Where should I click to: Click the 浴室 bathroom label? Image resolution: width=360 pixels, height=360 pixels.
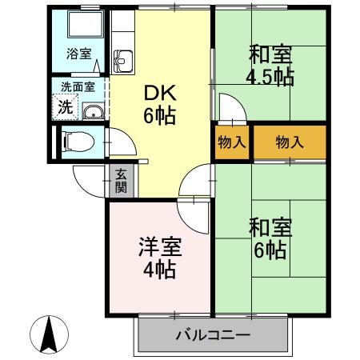tap(78, 54)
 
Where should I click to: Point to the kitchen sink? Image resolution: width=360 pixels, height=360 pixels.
tap(123, 60)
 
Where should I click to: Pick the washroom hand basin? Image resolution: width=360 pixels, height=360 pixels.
tap(93, 111)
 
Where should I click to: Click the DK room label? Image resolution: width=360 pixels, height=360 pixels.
tap(158, 93)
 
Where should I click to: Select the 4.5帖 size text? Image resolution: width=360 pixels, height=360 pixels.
tap(270, 78)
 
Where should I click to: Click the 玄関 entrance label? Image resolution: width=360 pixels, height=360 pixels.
tap(121, 181)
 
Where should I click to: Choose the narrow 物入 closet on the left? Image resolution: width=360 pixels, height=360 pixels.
tap(231, 143)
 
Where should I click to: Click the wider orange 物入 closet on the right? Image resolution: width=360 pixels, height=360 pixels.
tap(290, 143)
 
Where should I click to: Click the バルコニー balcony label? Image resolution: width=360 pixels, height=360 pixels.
tap(212, 335)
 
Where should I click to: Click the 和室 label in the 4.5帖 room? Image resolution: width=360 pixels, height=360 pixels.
tap(270, 55)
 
